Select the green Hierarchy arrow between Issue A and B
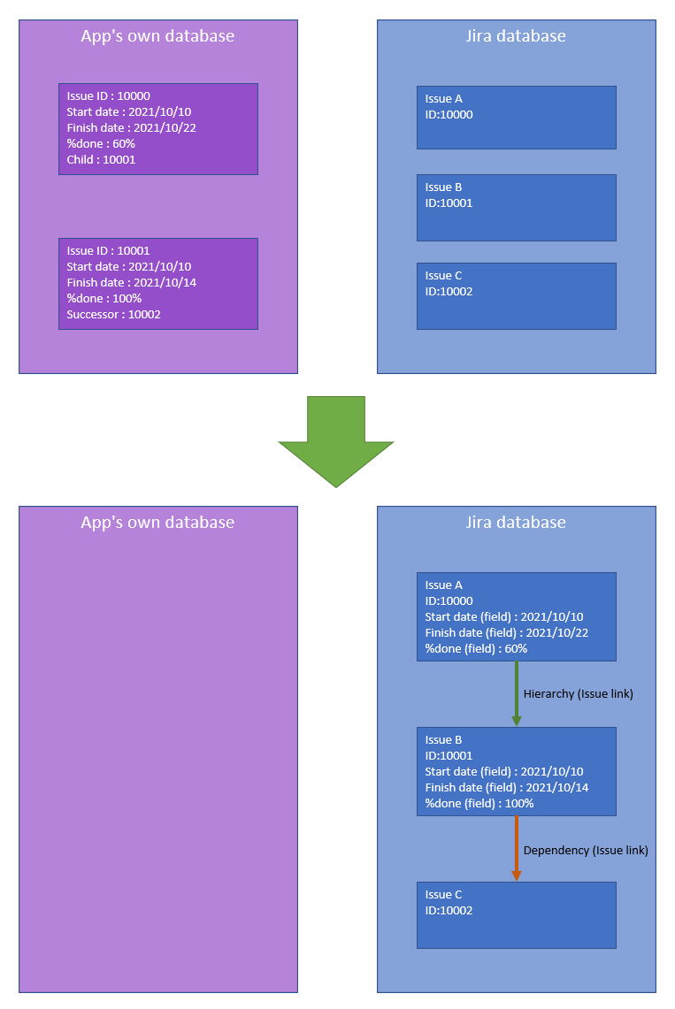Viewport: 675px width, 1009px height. (x=517, y=694)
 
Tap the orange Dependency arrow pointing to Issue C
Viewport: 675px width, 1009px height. (x=517, y=849)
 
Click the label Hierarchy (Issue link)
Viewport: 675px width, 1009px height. (x=578, y=694)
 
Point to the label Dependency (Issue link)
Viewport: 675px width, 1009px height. (x=586, y=850)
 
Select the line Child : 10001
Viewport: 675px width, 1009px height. (x=101, y=160)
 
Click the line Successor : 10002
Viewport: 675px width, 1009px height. (x=113, y=314)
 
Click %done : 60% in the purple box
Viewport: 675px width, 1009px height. (x=100, y=143)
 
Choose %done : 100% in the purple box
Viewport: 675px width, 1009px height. (x=104, y=298)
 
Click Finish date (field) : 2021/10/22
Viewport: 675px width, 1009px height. (x=506, y=633)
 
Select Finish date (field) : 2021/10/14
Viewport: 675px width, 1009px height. (x=506, y=788)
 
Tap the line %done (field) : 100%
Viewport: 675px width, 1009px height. (x=479, y=804)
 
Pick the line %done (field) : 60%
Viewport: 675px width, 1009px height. (x=476, y=649)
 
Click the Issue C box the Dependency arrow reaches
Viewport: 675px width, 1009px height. (x=517, y=915)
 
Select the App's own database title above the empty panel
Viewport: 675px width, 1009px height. (x=157, y=522)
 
